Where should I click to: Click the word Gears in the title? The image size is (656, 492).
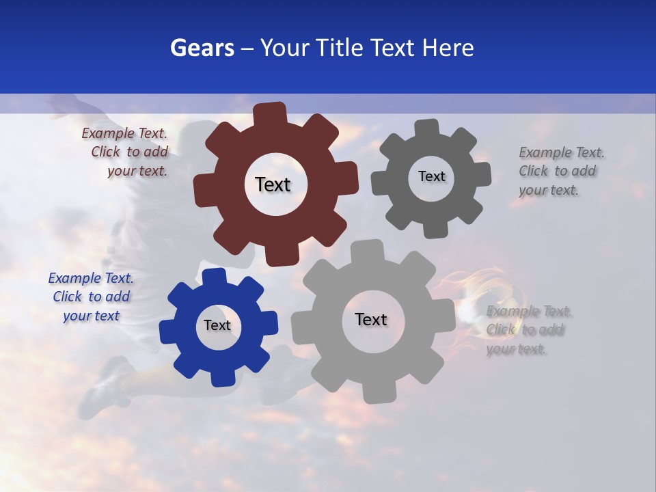pyautogui.click(x=202, y=49)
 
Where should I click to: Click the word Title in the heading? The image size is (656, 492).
pyautogui.click(x=340, y=49)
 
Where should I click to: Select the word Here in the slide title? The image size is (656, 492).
pyautogui.click(x=447, y=49)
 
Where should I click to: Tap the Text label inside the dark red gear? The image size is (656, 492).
pyautogui.click(x=273, y=184)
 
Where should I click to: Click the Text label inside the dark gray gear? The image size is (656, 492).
pyautogui.click(x=431, y=176)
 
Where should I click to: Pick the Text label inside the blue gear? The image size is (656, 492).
pyautogui.click(x=217, y=325)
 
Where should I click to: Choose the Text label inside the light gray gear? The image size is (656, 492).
pyautogui.click(x=371, y=319)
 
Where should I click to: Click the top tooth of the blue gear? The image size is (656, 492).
pyautogui.click(x=214, y=277)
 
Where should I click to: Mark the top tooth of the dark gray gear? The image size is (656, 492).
pyautogui.click(x=427, y=128)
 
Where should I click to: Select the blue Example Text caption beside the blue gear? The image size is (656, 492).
pyautogui.click(x=91, y=297)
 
